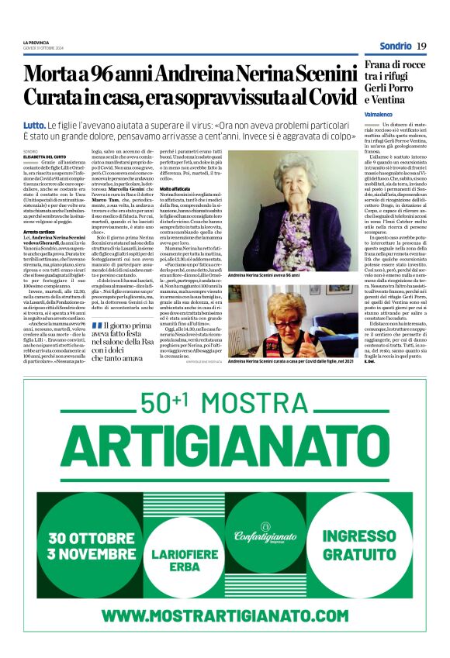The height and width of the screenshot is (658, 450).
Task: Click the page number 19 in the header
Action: pyautogui.click(x=421, y=46)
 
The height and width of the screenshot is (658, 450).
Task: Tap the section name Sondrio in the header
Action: pyautogui.click(x=395, y=46)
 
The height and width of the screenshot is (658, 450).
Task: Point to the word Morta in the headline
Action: pyautogui.click(x=55, y=76)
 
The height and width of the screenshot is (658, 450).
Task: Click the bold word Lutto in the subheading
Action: pyautogui.click(x=34, y=125)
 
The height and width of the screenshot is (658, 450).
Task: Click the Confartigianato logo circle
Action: pyautogui.click(x=266, y=536)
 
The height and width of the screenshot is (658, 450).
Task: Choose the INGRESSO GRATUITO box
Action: pyautogui.click(x=360, y=546)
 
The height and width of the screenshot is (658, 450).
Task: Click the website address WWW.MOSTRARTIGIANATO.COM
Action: pyautogui.click(x=224, y=615)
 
